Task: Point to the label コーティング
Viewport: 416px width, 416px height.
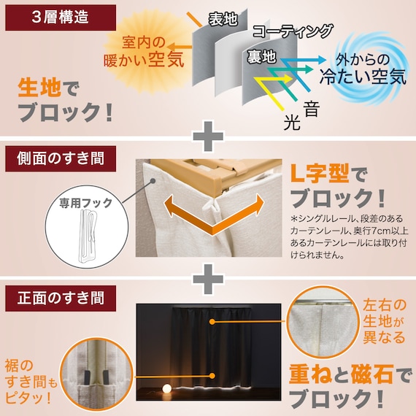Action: pyautogui.click(x=293, y=31)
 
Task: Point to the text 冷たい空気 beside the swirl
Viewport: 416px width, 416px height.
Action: pyautogui.click(x=362, y=76)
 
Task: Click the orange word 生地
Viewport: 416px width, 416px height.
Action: pyautogui.click(x=42, y=88)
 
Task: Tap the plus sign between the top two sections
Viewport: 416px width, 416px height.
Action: pyautogui.click(x=208, y=135)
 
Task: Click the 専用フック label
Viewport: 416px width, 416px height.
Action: pyautogui.click(x=80, y=199)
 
